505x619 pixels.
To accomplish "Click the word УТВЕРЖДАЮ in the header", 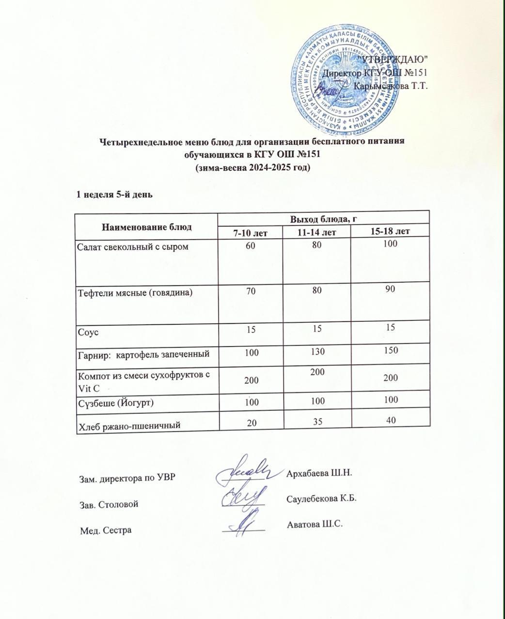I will point(392,59).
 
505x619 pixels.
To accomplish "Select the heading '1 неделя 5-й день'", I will point(115,195).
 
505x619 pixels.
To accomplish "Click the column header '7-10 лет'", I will point(250,233).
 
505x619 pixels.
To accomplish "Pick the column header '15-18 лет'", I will point(390,231).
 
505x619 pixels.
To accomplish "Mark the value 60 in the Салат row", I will point(250,245).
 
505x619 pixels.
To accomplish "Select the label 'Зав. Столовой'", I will point(109,504).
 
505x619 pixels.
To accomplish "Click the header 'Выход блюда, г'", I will point(323,218).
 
